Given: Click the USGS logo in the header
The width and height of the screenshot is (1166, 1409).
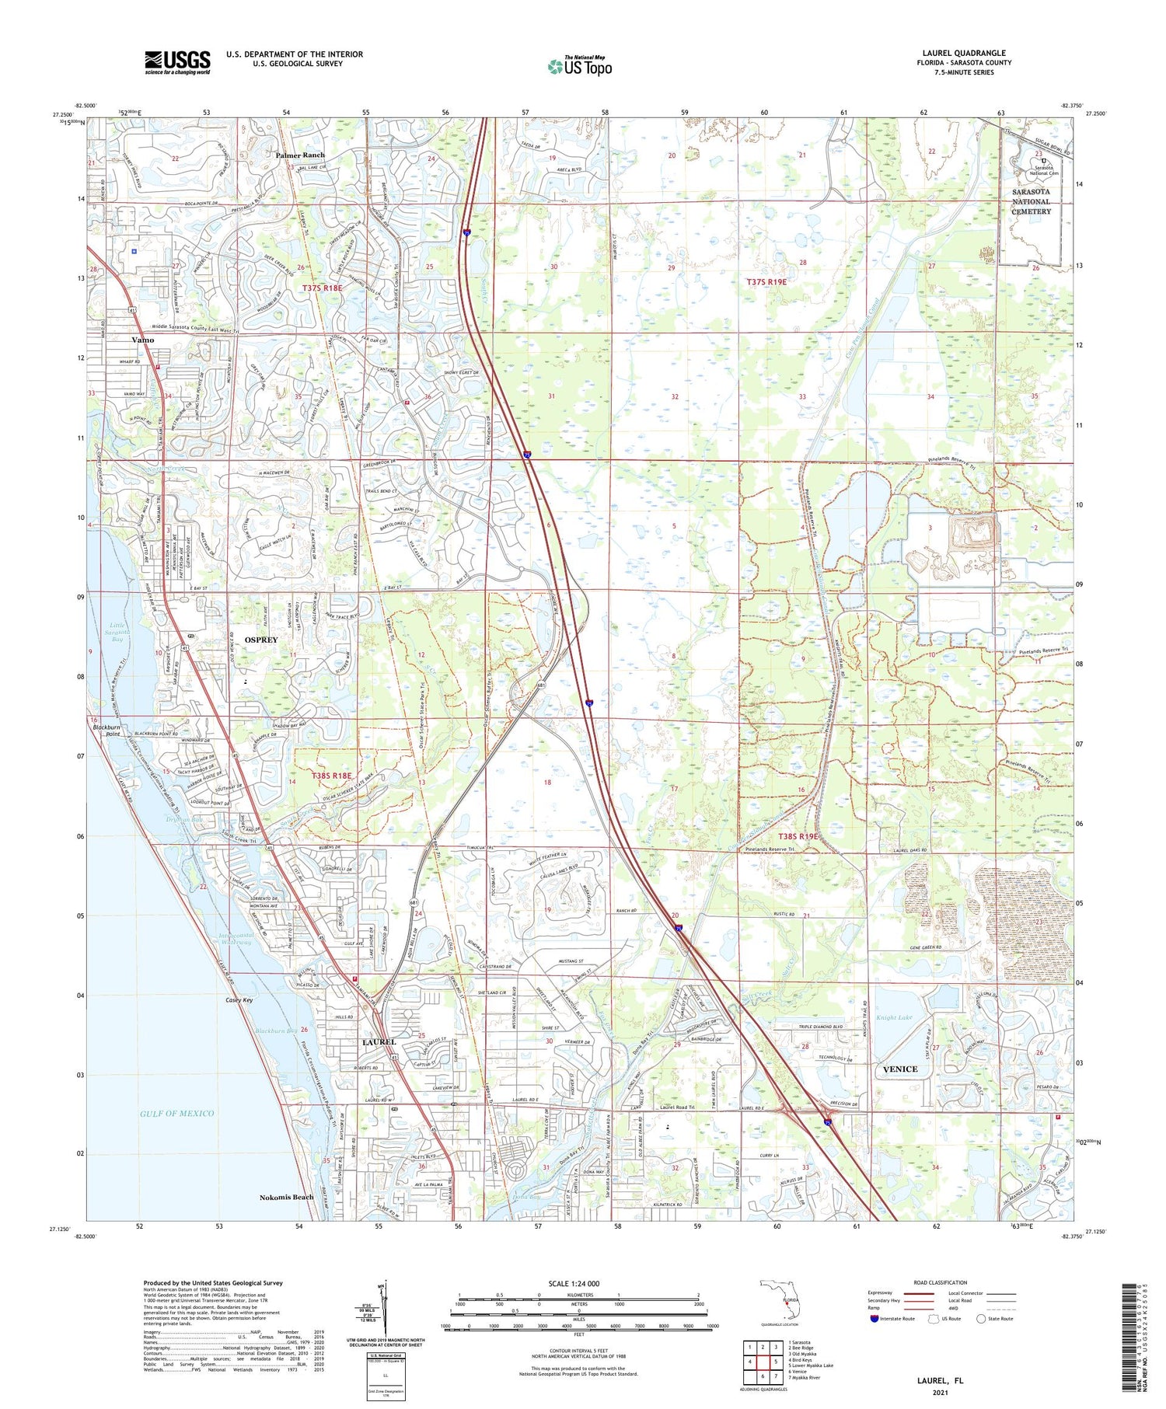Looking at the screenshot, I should click(177, 62).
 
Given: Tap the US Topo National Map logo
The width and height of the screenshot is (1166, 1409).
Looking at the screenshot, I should click(580, 66).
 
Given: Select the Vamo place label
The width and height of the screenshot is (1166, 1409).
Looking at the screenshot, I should click(143, 340).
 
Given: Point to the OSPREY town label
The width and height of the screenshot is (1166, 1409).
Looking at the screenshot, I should click(261, 639).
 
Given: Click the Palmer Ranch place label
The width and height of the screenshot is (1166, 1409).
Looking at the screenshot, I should click(300, 155).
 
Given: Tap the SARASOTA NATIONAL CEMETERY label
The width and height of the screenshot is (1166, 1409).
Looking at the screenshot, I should click(1032, 201).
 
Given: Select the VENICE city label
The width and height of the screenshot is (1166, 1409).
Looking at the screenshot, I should click(900, 1069).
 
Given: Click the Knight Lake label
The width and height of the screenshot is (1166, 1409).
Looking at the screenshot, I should click(894, 1017).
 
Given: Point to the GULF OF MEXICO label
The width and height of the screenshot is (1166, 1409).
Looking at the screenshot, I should click(177, 1113).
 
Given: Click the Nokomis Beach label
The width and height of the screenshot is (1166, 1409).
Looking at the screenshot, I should click(287, 1197).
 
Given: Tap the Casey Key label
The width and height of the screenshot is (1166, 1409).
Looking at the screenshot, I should click(239, 999).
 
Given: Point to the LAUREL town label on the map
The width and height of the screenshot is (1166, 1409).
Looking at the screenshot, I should click(379, 1041).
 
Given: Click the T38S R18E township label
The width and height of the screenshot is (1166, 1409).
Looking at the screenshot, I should click(332, 775).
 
